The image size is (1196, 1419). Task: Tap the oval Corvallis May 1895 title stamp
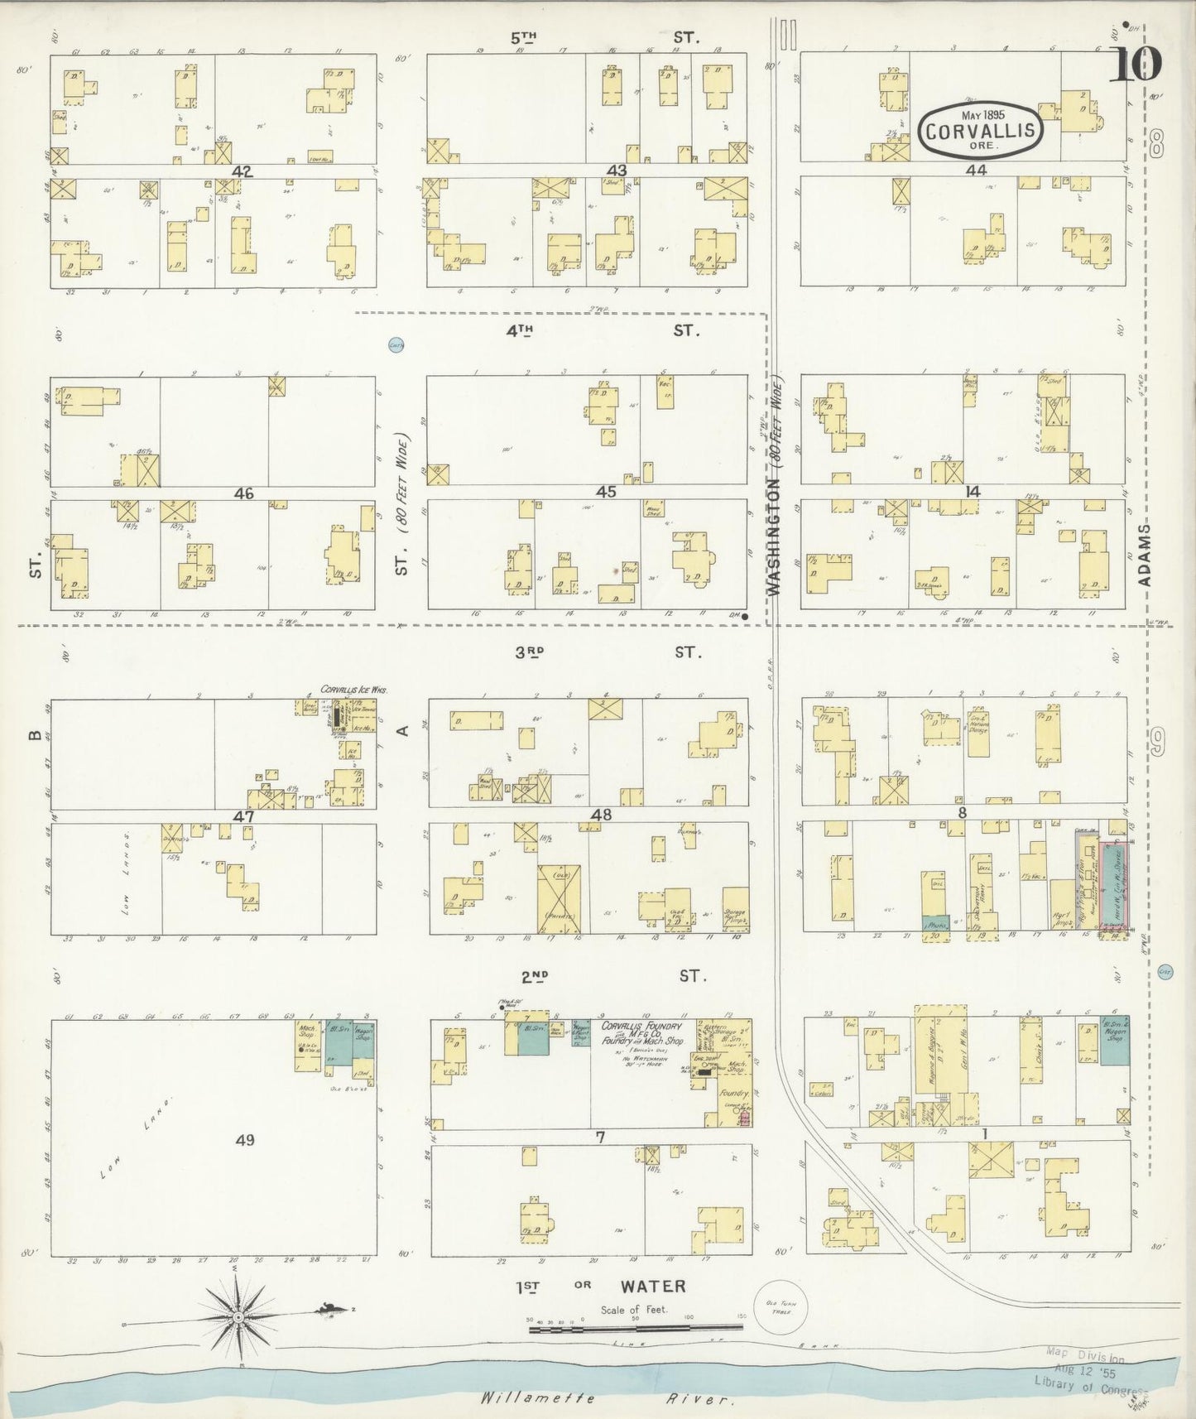(980, 130)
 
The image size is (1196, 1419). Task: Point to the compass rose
(238, 1316)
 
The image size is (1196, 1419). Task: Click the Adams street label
(1145, 554)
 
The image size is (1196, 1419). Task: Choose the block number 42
(243, 171)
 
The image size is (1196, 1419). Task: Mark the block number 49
(244, 1140)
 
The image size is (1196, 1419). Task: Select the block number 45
(607, 492)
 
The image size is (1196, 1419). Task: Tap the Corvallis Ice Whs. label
(354, 689)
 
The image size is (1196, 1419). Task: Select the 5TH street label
(524, 37)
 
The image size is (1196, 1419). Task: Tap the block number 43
(617, 171)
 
